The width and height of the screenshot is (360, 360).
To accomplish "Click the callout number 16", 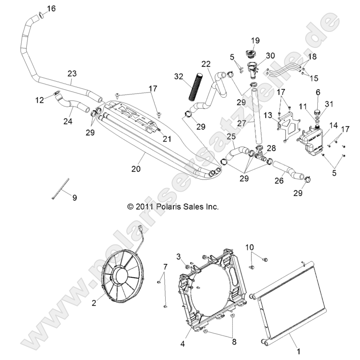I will [51, 8].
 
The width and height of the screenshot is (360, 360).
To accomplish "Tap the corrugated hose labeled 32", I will [194, 86].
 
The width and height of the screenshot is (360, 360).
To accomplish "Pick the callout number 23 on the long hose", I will [72, 73].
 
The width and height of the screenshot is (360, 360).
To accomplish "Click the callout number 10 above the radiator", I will [250, 247].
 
